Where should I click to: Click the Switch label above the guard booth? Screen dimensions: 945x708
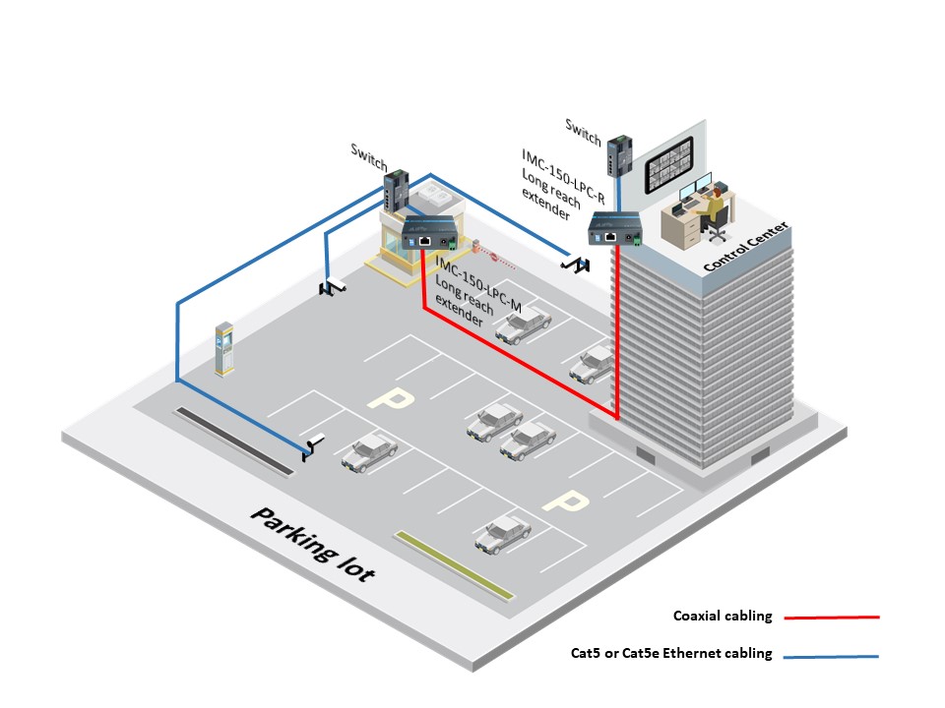point(369,157)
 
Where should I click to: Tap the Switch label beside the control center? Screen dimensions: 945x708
point(583,132)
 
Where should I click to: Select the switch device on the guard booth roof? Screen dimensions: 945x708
point(397,190)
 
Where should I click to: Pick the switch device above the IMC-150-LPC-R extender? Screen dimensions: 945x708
point(619,156)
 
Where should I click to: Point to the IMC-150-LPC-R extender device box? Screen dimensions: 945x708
point(614,229)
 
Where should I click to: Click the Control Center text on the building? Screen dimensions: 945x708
point(746,246)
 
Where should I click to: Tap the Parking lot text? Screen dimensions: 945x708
point(313,544)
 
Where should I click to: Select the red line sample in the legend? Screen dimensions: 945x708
point(832,618)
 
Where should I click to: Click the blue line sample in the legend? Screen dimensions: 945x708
point(831,656)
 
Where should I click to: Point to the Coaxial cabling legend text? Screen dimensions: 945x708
point(723,616)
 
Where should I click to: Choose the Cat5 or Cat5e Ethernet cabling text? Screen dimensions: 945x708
point(671,653)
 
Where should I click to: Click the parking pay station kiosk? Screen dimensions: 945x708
point(224,348)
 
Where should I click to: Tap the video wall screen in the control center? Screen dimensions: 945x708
point(669,164)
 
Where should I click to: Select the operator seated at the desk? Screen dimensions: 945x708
point(714,207)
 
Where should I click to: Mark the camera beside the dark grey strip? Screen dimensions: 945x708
point(312,446)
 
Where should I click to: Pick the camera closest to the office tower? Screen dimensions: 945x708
point(575,265)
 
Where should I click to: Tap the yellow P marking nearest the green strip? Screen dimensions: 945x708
point(565,501)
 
